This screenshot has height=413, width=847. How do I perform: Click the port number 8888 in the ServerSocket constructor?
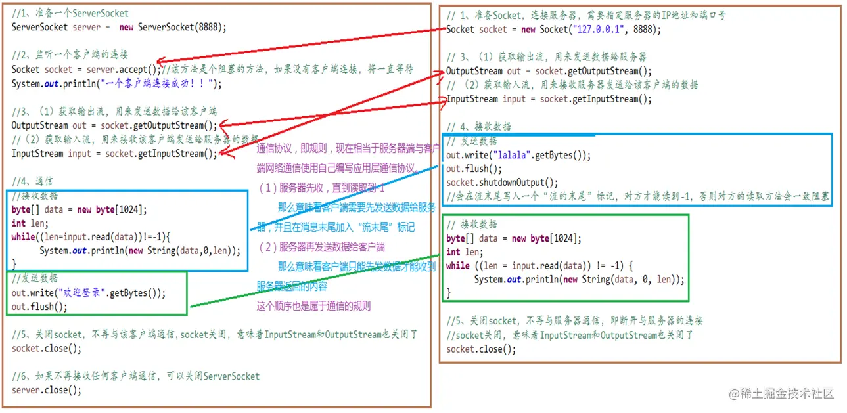pyautogui.click(x=213, y=27)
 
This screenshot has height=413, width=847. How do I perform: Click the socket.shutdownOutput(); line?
pyautogui.click(x=502, y=183)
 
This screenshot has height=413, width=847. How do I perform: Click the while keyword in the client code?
pyautogui.click(x=458, y=266)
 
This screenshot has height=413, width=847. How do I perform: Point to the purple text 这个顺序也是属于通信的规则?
pyautogui.click(x=313, y=306)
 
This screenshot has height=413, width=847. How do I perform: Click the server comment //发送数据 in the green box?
pyautogui.click(x=35, y=278)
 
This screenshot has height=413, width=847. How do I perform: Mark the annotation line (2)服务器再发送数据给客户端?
pyautogui.click(x=322, y=247)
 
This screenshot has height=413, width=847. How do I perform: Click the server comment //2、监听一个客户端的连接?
pyautogui.click(x=70, y=54)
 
